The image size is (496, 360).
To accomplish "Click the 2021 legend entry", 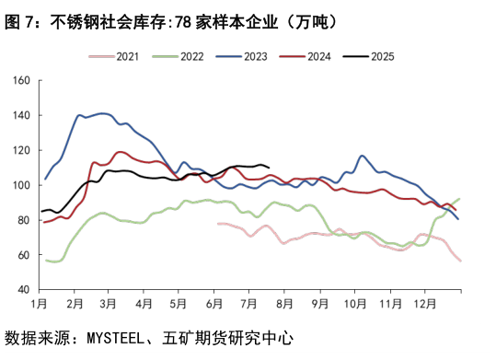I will click(128, 57).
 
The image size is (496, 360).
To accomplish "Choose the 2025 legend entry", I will click(382, 57).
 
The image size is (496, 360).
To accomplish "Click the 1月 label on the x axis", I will click(40, 302).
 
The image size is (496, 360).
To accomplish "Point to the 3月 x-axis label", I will click(109, 302).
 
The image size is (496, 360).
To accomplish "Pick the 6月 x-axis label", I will click(214, 302).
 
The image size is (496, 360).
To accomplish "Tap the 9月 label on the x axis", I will click(320, 302).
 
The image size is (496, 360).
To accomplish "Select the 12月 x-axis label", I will click(425, 302).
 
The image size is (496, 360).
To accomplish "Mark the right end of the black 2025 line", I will click(268, 167).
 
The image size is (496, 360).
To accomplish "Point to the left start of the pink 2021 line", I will click(217, 223).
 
